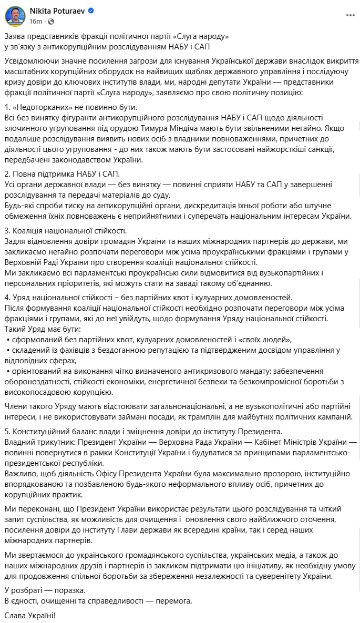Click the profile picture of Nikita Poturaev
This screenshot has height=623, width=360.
pos(15,16)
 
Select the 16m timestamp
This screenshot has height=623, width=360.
pos(36,21)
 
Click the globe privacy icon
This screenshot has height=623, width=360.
pos(50,21)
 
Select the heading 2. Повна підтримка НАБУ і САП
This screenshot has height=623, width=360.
pos(63,174)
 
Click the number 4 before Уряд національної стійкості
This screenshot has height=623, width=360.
pos(6,297)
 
